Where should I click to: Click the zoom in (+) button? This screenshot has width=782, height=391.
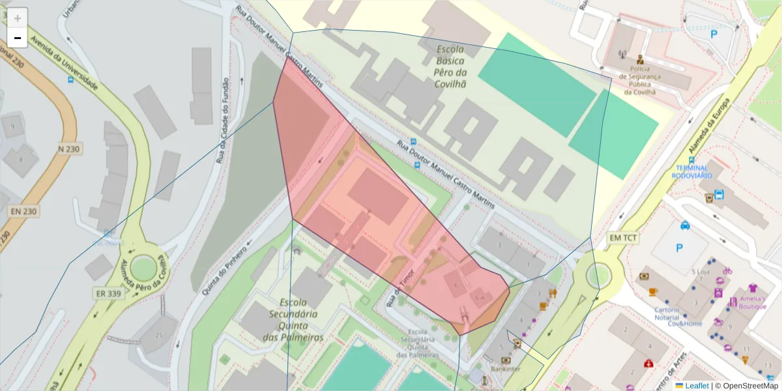click(18, 18)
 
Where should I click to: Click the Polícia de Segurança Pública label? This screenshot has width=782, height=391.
click(639, 80)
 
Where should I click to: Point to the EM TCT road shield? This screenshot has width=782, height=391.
click(624, 238)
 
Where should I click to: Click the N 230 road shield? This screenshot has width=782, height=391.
click(68, 149)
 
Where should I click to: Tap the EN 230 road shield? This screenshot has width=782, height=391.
click(23, 211)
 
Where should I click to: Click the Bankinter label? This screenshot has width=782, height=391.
click(506, 369)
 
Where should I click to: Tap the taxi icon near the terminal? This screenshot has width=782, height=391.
click(685, 225)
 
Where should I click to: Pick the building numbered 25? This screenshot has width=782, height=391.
click(158, 335)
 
